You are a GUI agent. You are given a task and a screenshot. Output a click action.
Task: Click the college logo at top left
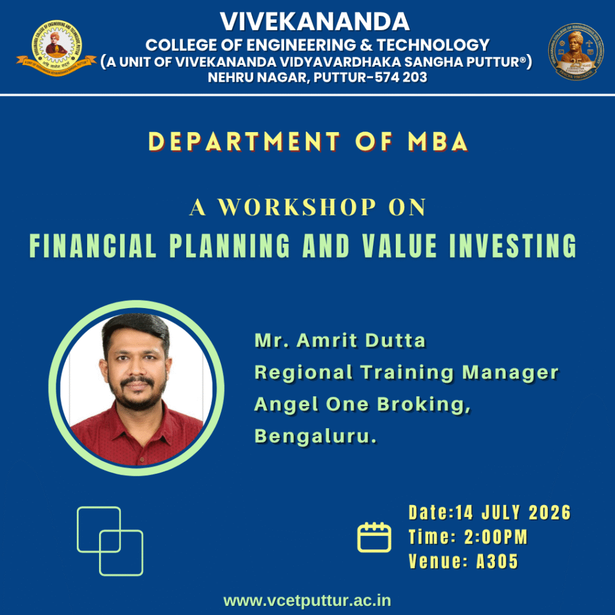point(56,48)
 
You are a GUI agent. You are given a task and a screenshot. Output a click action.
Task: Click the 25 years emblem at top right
point(576,52)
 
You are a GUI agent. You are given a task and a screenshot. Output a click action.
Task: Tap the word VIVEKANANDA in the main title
point(315,22)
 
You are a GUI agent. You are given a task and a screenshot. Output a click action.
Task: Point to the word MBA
point(438,141)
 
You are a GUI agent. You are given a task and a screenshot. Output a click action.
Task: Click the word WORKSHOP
point(297,207)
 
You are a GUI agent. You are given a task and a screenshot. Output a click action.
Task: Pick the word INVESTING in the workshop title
point(513,246)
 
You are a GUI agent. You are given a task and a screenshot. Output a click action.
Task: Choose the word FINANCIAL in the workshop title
point(93,246)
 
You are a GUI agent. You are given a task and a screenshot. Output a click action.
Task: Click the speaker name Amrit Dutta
point(361,340)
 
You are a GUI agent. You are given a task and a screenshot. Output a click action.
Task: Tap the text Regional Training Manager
point(407,372)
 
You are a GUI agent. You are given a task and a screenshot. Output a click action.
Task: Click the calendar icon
point(374,537)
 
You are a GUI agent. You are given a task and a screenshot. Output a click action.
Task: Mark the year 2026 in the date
point(550,513)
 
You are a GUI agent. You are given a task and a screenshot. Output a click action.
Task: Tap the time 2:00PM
point(496,537)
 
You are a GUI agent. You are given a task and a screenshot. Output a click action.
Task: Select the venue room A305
point(497,562)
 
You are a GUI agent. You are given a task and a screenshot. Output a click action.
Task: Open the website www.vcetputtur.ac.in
point(307,601)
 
